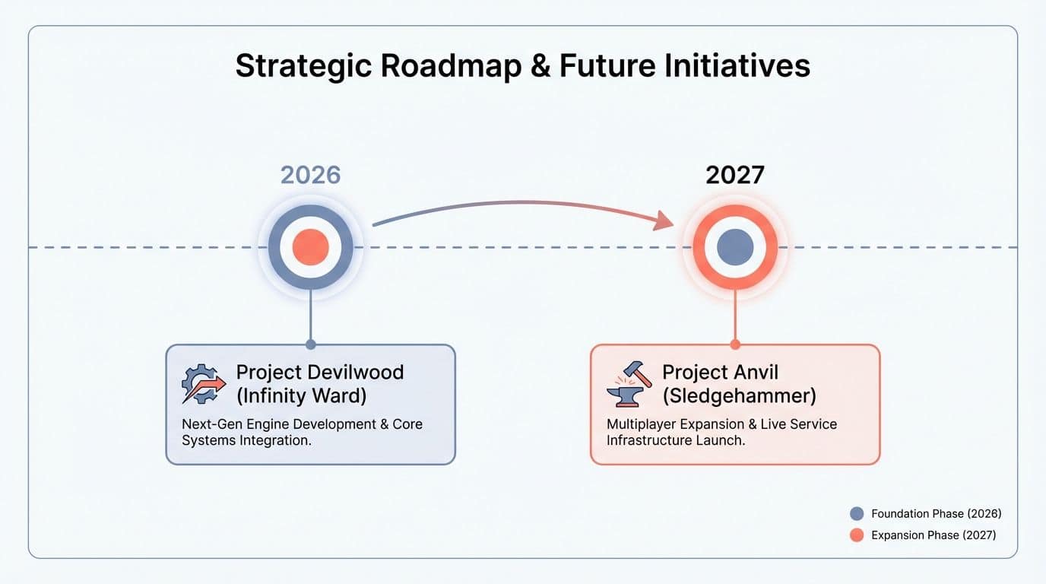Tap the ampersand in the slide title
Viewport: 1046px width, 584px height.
(x=539, y=66)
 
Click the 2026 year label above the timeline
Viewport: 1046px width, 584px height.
(x=310, y=175)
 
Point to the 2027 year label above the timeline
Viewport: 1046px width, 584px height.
(x=734, y=175)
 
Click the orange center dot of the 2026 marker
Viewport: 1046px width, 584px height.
(x=310, y=247)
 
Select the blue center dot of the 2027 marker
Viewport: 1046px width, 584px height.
(x=734, y=247)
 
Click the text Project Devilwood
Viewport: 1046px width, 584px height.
(x=319, y=373)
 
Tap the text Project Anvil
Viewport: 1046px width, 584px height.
(x=720, y=373)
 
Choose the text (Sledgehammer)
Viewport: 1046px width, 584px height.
(x=739, y=396)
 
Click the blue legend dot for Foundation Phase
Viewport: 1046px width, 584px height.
(x=857, y=514)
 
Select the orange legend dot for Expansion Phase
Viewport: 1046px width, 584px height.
(x=857, y=535)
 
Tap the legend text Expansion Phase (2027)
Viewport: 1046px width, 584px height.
(x=933, y=535)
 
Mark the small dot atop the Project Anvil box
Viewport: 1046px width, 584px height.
(x=735, y=344)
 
